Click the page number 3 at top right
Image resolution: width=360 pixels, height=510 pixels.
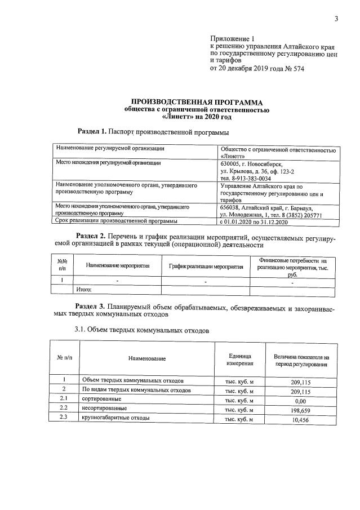(336, 20)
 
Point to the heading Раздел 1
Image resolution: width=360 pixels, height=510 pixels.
(92, 131)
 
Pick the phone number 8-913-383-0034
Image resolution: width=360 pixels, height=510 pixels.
(247, 178)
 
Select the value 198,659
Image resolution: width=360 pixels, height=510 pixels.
(301, 409)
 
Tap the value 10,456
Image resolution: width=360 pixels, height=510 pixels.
(301, 419)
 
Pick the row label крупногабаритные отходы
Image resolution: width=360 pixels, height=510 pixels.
(115, 418)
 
